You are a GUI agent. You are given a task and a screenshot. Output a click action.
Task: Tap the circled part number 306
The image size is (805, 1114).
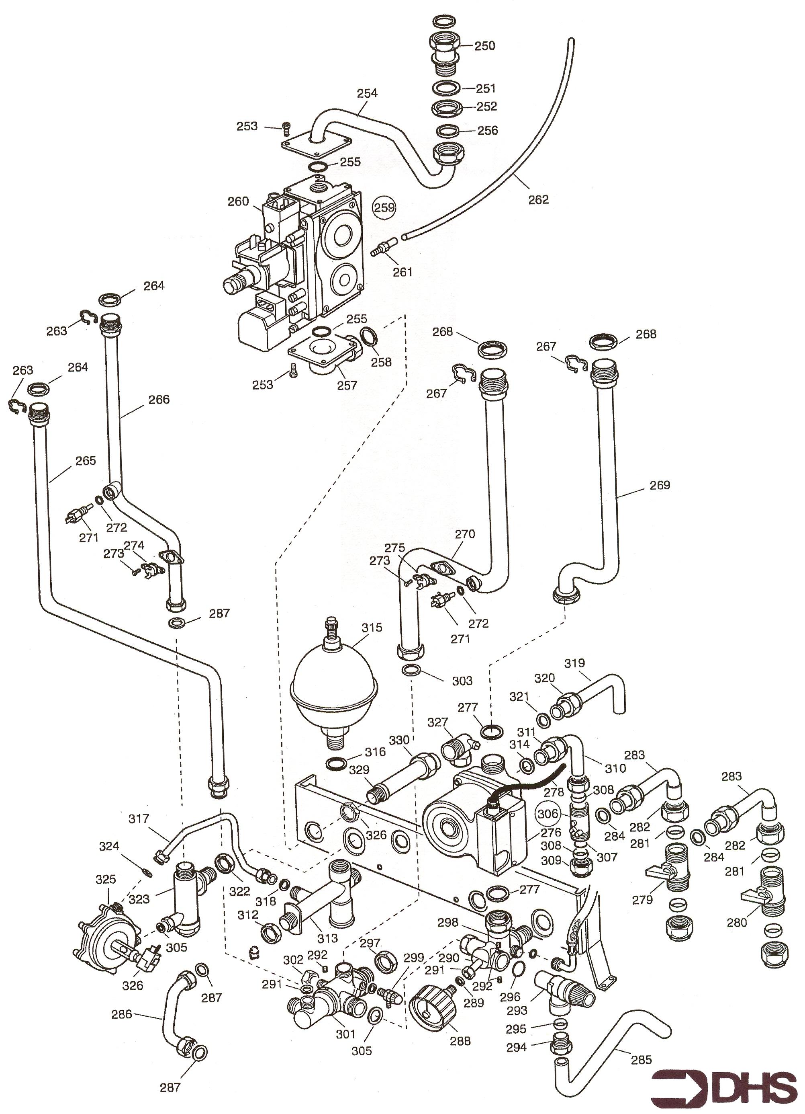click(548, 814)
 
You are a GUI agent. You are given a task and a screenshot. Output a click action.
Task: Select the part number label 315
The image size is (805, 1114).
click(372, 628)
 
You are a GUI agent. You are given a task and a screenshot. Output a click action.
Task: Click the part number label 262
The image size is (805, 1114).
click(538, 200)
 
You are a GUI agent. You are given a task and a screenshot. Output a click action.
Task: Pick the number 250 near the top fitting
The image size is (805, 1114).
click(484, 46)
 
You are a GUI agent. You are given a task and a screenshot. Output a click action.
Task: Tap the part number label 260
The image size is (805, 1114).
click(239, 202)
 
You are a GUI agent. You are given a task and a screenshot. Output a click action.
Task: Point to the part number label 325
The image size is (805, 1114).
click(106, 879)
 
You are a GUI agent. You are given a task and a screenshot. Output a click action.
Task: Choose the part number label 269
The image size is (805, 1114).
click(660, 485)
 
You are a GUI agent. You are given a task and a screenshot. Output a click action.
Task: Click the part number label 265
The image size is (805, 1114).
click(86, 461)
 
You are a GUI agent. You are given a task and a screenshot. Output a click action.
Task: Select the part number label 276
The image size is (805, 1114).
click(551, 833)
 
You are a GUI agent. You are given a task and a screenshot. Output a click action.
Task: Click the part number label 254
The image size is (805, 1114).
click(367, 93)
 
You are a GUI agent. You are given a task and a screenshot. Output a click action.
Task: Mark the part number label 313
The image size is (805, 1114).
click(327, 938)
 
